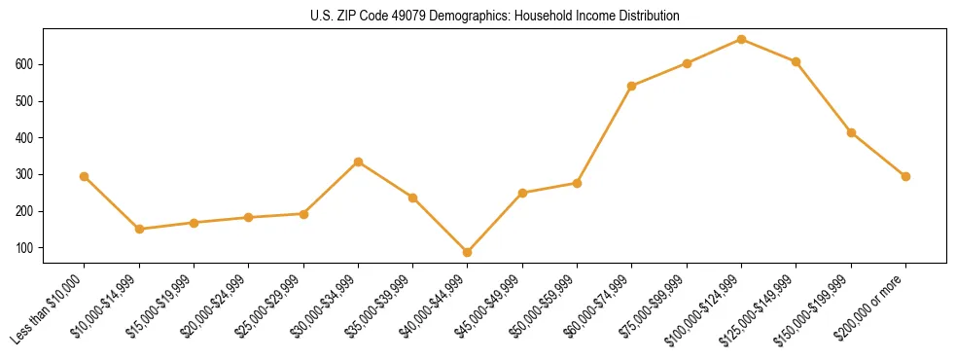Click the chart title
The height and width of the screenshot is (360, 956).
click(x=477, y=17)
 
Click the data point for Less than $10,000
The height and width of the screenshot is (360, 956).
click(x=85, y=176)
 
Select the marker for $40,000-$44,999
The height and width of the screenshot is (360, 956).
click(x=468, y=252)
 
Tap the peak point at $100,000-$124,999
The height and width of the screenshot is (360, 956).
click(x=741, y=39)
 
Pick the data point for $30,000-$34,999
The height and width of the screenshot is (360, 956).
click(x=358, y=162)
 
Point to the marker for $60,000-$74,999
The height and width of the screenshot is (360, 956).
click(x=632, y=86)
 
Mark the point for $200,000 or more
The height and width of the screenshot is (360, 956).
click(x=905, y=176)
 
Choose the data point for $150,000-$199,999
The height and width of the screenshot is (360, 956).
click(x=851, y=132)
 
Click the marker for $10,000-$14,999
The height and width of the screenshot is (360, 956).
click(x=139, y=229)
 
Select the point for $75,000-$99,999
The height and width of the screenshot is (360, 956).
click(x=687, y=63)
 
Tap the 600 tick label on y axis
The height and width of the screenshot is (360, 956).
click(x=34, y=64)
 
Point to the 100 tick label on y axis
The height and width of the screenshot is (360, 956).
click(x=34, y=248)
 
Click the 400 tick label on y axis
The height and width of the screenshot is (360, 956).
click(x=34, y=138)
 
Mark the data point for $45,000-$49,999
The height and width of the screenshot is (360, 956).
click(x=522, y=193)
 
